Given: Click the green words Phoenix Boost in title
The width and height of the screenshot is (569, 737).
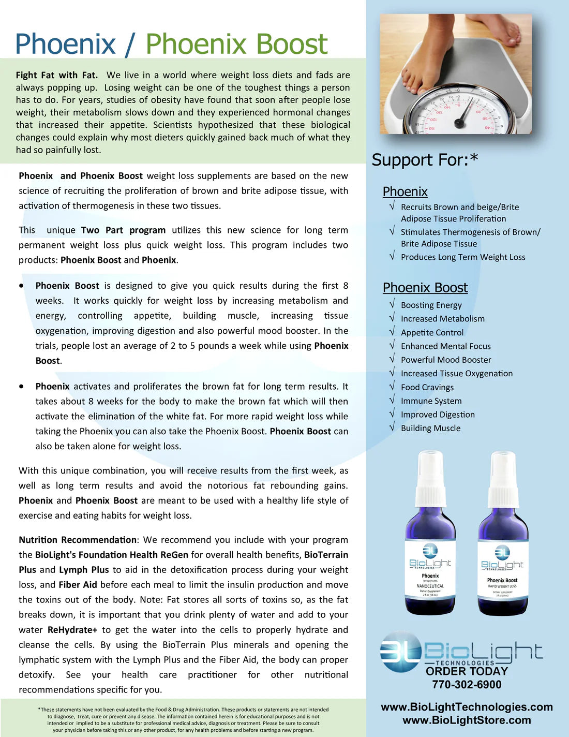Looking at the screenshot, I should coord(236,44).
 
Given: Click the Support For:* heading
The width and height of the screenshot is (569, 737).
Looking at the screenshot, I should coord(425,160).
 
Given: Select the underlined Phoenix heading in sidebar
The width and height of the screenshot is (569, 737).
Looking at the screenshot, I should coord(405,191).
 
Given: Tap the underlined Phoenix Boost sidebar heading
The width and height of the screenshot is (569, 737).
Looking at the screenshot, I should coord(425,288).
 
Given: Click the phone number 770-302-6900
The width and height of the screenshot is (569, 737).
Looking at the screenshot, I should coord(467,685).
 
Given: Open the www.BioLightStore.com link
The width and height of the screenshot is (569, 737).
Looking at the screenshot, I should coord(467,720).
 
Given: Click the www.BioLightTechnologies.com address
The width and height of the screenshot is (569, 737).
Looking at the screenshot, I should coord(467,707).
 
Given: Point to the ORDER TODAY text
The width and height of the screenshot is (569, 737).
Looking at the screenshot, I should coord(467,671).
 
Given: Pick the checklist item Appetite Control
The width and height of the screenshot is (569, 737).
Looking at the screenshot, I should coord(432,333).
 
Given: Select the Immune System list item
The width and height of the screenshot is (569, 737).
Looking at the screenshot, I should coord(431,401).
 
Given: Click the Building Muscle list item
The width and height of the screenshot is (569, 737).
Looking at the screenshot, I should coord(430,429).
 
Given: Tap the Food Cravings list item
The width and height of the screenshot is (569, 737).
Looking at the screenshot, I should coord(427,388).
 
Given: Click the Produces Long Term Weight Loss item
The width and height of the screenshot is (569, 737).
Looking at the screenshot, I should coord(463,257).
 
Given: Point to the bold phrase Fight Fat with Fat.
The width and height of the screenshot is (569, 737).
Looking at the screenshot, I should coord(56,75).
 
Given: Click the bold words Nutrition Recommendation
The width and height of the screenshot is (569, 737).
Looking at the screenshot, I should coord(78,540).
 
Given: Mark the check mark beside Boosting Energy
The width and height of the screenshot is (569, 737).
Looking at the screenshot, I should coord(392,304).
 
